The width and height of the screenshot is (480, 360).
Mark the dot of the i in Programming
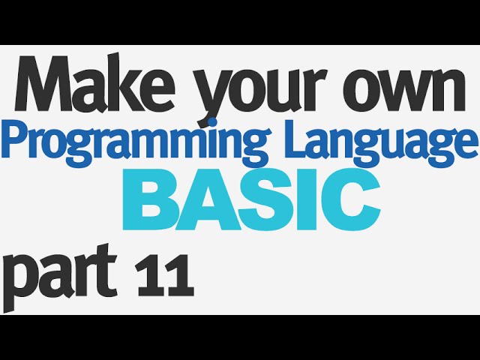(x=211, y=123)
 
